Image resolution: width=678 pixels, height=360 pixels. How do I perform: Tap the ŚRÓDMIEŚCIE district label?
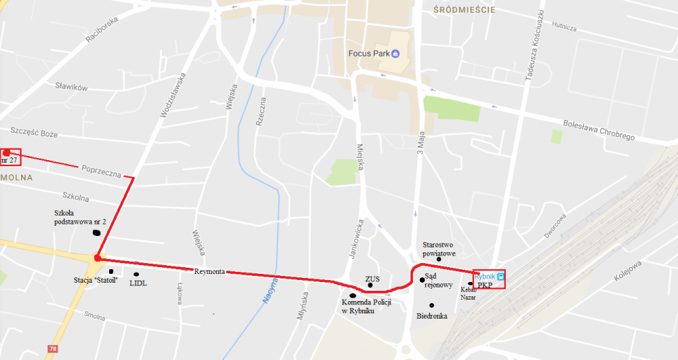tap(464, 9)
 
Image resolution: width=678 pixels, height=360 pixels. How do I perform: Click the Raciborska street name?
tap(102, 29)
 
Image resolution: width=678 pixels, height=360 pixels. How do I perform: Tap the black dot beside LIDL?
tap(136, 274)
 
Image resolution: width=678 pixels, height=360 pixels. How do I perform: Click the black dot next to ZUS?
tap(370, 285)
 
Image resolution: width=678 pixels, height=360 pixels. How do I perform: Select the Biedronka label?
tap(431, 315)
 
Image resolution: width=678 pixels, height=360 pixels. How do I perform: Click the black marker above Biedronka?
tap(431, 305)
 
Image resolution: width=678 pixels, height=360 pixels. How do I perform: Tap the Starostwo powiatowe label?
tap(439, 249)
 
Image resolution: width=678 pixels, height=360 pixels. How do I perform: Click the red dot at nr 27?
tap(6, 153)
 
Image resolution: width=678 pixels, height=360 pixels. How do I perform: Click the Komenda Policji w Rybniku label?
tap(367, 306)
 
